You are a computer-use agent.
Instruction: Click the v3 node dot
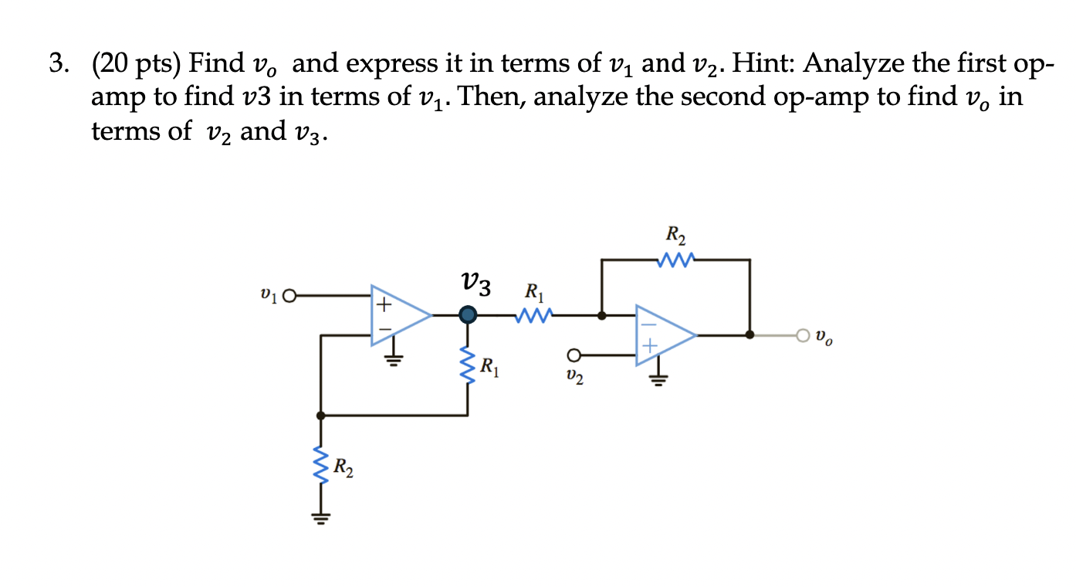coord(468,315)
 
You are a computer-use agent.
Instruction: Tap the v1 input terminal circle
coord(289,295)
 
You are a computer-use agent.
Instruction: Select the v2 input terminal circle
coord(573,355)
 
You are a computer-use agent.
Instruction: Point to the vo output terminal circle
coord(804,335)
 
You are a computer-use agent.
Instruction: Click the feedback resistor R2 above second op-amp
coord(676,260)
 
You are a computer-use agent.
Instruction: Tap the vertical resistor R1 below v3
coord(468,365)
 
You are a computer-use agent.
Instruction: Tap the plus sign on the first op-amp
coord(381,304)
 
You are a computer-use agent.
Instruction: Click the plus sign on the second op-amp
coord(649,347)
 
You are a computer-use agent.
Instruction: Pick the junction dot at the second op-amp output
coord(749,335)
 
